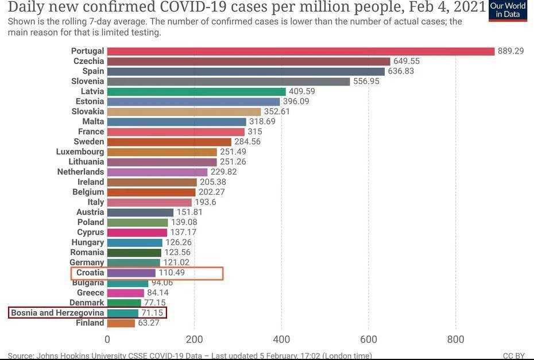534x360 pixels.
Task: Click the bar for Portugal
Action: click(301, 51)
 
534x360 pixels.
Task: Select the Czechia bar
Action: click(249, 61)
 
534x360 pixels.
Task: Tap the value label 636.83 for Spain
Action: click(401, 71)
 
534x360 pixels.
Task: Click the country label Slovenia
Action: click(88, 82)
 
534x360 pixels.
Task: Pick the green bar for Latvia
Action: click(196, 91)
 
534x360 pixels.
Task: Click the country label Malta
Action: click(93, 122)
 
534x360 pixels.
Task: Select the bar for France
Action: click(176, 131)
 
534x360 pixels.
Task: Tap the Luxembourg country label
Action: click(80, 152)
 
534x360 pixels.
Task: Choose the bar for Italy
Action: click(149, 202)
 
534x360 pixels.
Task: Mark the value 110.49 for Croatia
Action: click(172, 273)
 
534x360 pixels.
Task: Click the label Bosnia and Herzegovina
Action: click(57, 313)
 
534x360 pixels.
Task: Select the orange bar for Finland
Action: click(121, 323)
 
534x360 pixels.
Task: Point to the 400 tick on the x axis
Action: click(281, 339)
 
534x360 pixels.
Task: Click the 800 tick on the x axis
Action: click(456, 339)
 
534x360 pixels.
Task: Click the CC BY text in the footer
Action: click(513, 356)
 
